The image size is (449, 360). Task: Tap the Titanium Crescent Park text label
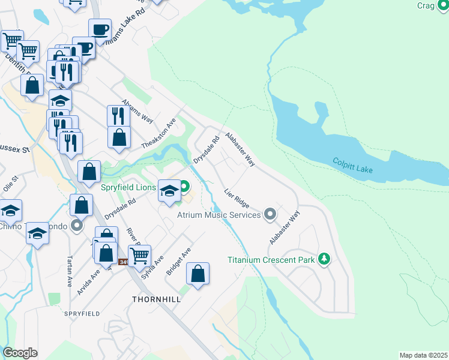tap(270, 260)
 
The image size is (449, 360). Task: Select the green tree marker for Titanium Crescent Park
tap(324, 259)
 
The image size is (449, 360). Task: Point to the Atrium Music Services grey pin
tap(270, 214)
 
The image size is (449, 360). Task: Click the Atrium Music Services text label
tap(219, 214)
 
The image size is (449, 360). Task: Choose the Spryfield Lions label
tap(128, 188)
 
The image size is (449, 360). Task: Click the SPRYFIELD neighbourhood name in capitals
tap(82, 314)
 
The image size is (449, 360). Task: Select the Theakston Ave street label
tap(158, 133)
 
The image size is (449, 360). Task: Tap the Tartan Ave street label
tap(69, 272)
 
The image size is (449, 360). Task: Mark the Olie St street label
tap(11, 183)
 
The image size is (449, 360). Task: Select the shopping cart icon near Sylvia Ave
tap(139, 256)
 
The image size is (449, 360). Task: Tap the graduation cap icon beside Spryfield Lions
tap(169, 190)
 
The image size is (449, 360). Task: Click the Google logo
tap(20, 353)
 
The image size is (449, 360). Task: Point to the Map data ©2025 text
tap(423, 355)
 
